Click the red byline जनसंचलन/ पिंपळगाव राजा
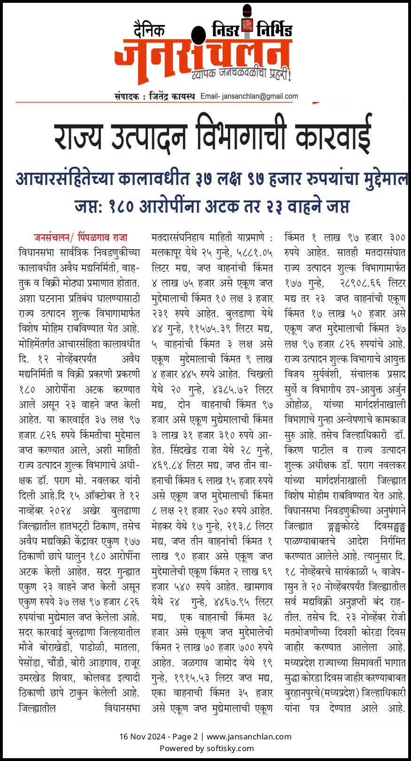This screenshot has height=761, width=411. coord(80,238)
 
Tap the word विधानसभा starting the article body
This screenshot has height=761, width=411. coord(38,253)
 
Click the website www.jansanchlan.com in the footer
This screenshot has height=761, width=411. coord(249,737)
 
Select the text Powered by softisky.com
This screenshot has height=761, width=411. coord(206,748)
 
